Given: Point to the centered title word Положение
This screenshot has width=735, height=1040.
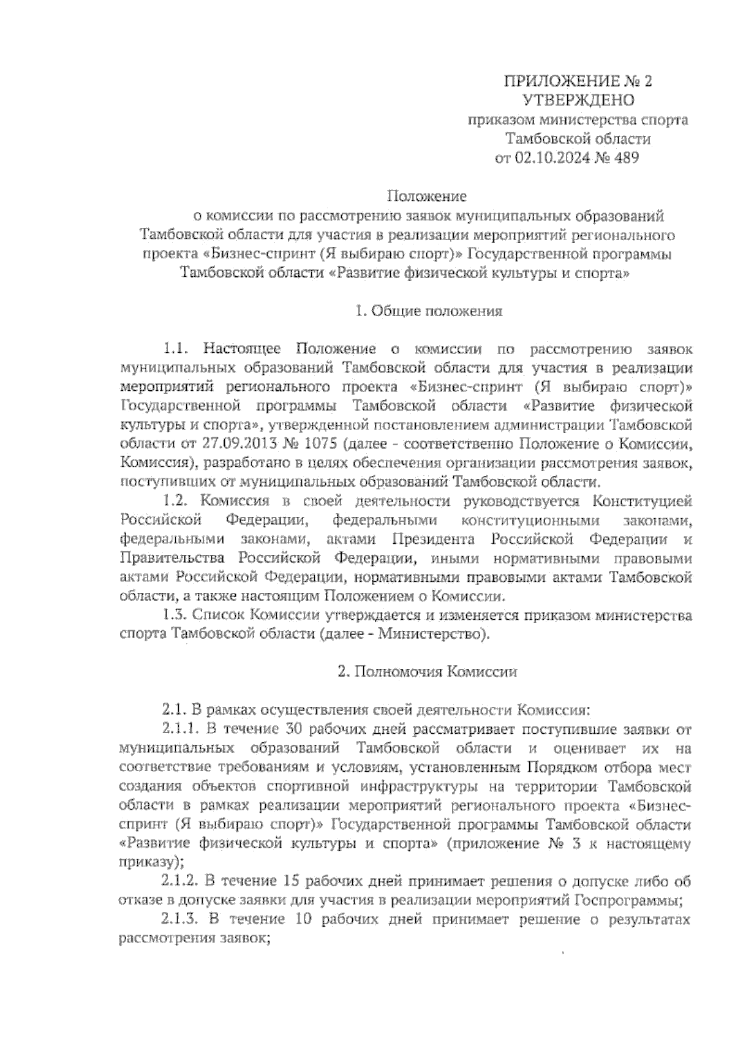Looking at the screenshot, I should (427, 196).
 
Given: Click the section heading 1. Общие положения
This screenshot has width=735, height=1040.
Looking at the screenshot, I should (429, 311).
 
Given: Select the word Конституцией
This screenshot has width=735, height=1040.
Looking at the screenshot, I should (643, 501).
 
